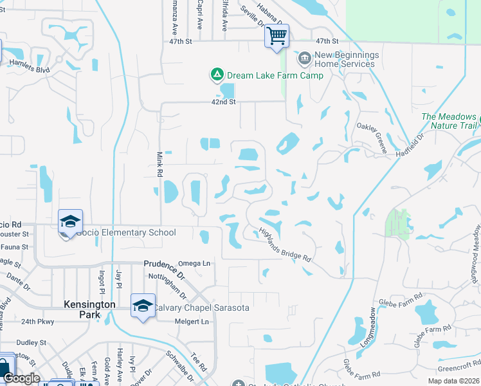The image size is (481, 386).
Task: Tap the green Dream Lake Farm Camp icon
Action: tap(217, 75)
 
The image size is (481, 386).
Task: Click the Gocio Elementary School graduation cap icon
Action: tap(70, 222)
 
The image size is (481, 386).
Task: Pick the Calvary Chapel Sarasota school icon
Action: tap(143, 306)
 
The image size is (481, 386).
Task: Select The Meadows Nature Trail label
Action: tap(448, 121)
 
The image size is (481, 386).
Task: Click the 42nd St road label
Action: tap(224, 102)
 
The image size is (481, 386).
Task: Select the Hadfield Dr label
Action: tap(412, 145)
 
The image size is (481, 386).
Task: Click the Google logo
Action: tap(21, 378)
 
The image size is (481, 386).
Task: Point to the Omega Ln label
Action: tap(194, 263)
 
